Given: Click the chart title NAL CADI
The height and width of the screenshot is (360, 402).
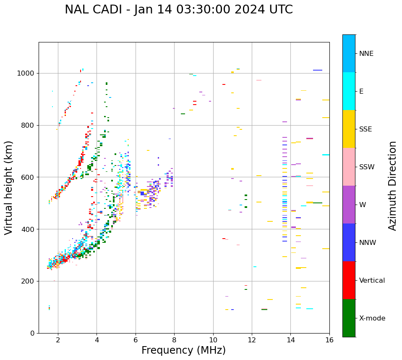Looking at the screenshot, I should click(179, 10).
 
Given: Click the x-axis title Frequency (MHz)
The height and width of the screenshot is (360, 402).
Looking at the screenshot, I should click(183, 350).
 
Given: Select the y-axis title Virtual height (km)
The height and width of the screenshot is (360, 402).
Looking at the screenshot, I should click(9, 188).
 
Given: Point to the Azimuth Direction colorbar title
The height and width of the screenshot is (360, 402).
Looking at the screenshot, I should click(392, 186).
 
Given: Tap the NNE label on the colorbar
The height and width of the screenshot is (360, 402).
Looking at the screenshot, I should click(366, 54).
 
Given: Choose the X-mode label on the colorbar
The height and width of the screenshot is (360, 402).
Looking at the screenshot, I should click(372, 318).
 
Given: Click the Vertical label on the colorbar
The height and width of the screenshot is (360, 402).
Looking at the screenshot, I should click(372, 281).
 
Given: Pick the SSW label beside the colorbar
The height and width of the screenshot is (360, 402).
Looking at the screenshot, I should click(367, 167).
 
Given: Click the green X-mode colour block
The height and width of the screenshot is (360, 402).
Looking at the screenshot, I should click(349, 318).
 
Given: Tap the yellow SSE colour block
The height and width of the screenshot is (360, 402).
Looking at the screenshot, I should click(349, 129).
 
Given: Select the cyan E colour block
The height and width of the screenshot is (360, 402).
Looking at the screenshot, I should click(349, 91).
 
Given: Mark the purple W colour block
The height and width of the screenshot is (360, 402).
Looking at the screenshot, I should click(349, 205).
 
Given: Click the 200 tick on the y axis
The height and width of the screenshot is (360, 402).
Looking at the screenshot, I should click(29, 281).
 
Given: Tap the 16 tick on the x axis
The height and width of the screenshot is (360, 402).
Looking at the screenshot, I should click(329, 340).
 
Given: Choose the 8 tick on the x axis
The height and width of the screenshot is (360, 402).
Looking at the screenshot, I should click(174, 340).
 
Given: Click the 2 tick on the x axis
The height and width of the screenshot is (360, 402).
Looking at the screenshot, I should click(58, 340).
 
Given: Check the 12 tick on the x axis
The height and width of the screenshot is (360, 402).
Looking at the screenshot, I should click(252, 340).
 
